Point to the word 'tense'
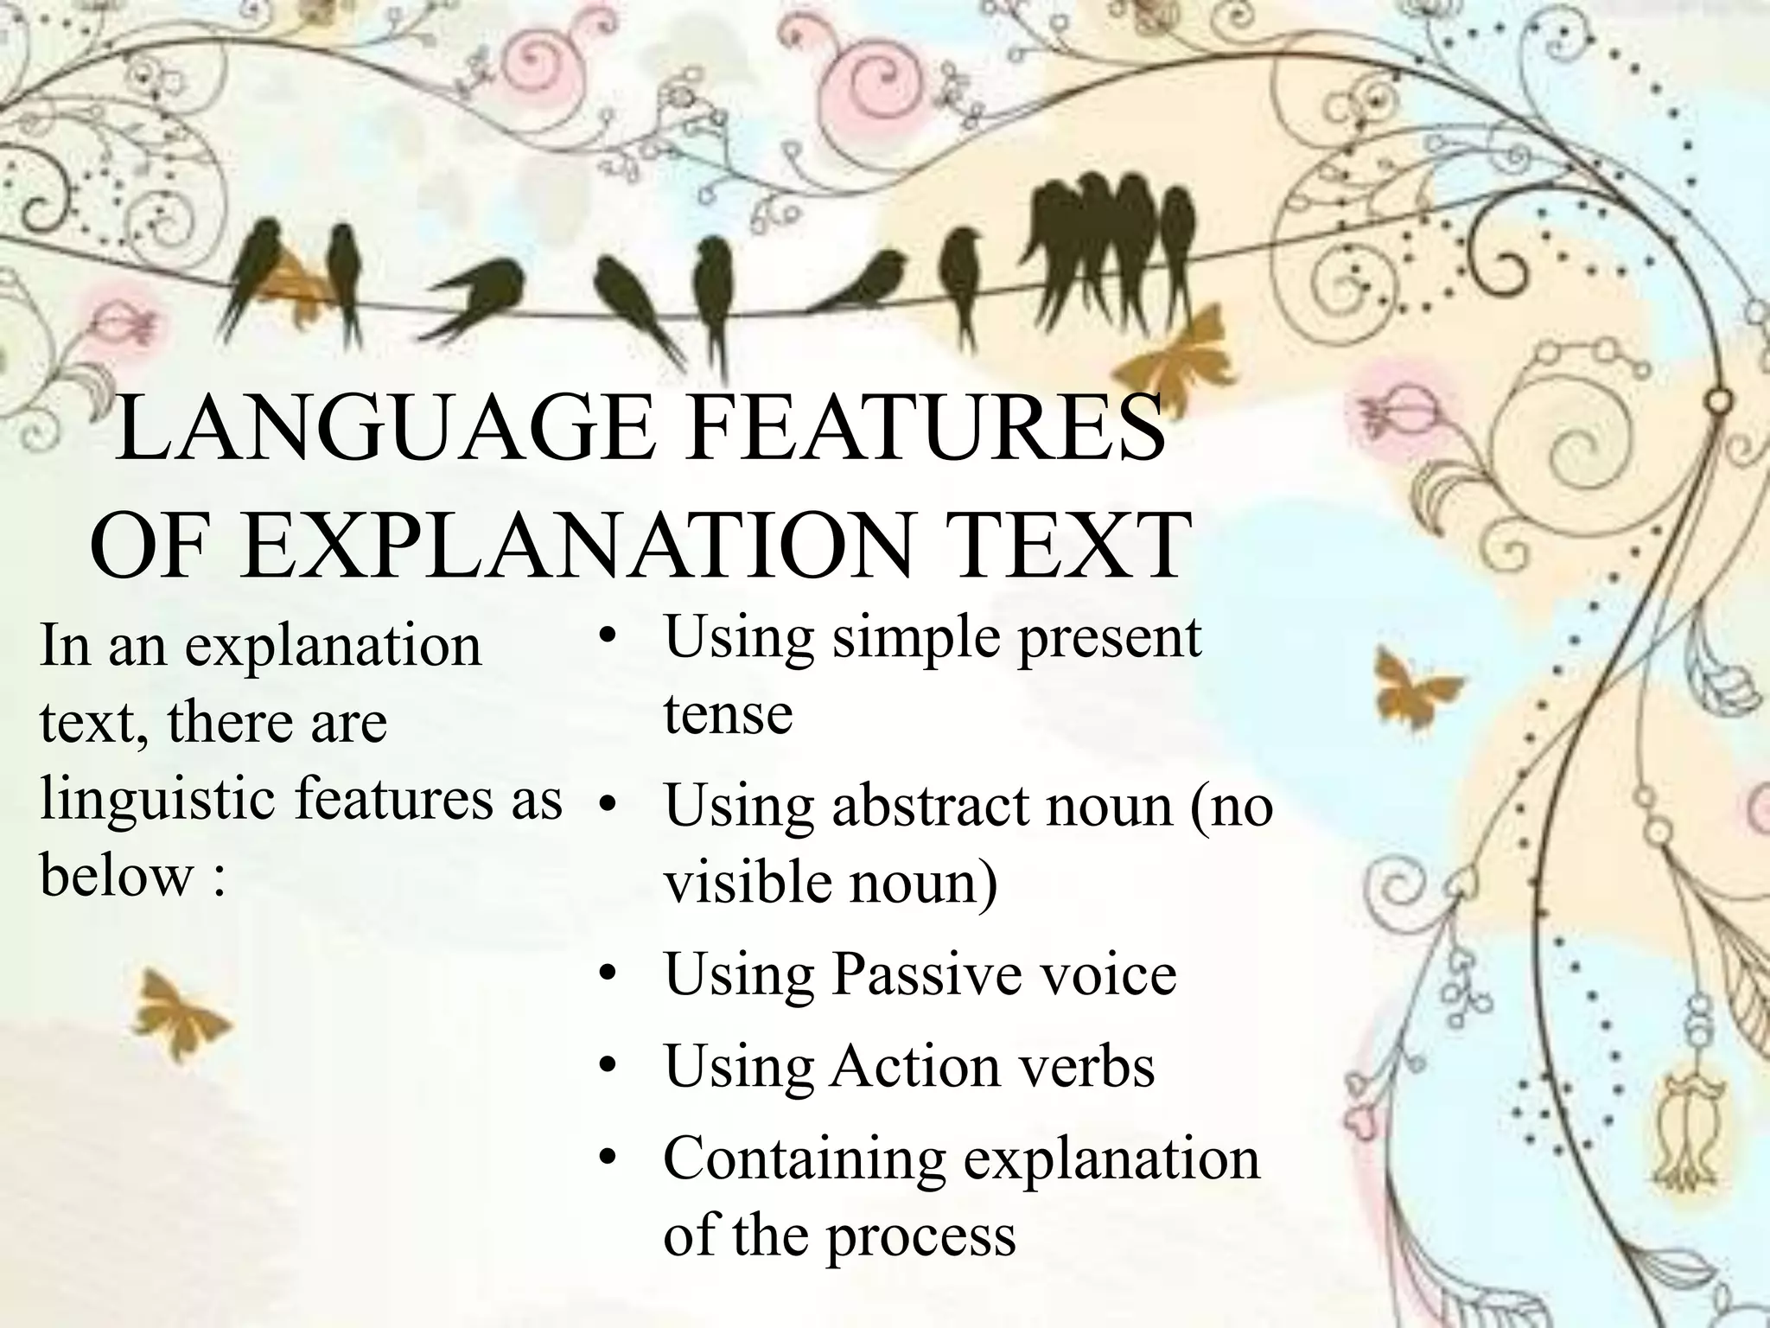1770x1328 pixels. (x=728, y=714)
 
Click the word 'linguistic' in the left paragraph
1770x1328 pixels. (x=159, y=800)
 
